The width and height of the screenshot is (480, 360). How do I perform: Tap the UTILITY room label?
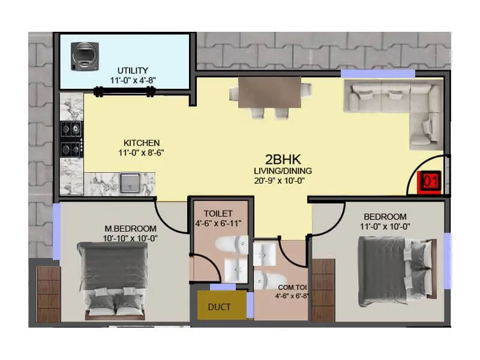[x=133, y=71]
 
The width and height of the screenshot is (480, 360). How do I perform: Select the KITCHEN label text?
[x=142, y=143]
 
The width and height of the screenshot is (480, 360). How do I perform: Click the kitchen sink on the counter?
[x=130, y=182]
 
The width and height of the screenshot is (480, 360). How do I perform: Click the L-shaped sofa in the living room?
[x=396, y=105]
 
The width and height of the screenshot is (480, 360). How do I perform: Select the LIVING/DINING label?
[x=283, y=171]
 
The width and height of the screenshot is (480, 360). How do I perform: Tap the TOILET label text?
[x=218, y=214]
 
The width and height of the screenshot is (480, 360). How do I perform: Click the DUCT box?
[x=219, y=307]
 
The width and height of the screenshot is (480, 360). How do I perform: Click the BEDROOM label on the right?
[x=385, y=217]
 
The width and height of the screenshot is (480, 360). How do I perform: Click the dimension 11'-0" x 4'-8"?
[x=133, y=80]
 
